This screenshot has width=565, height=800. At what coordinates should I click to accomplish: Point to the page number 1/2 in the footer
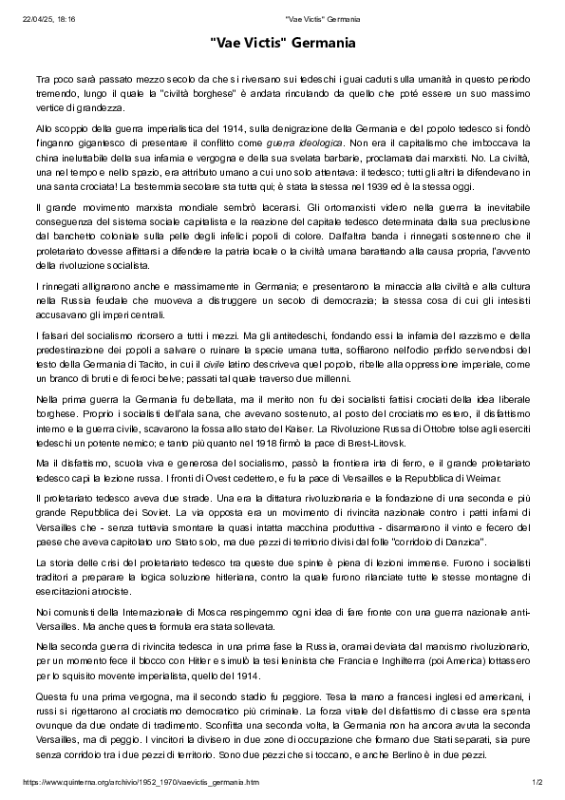coord(537,782)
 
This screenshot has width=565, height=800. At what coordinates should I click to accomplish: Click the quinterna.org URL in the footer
coord(141,782)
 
